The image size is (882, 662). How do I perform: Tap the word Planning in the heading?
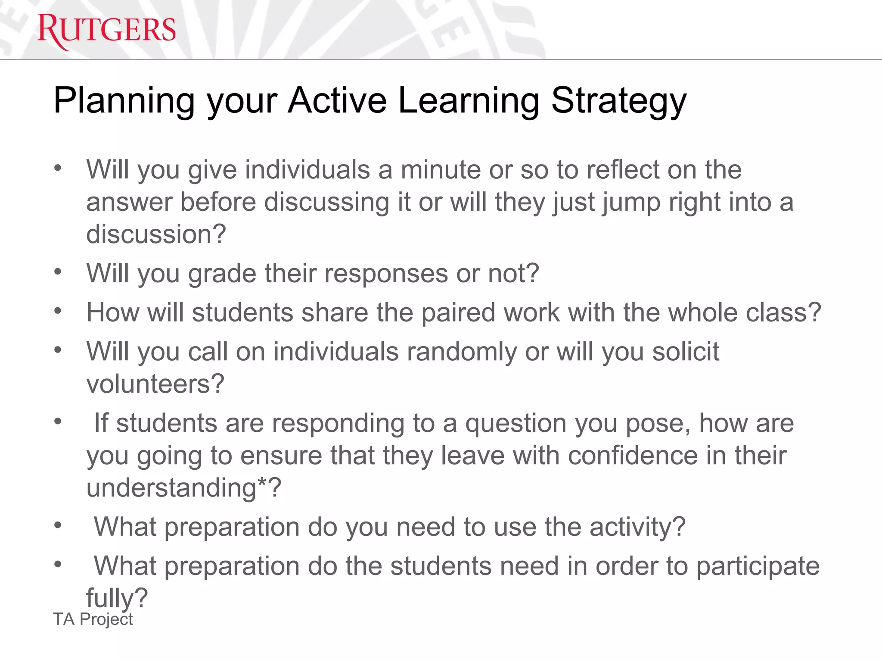[x=124, y=102]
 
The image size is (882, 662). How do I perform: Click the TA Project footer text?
[x=93, y=619]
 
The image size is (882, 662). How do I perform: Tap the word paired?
[x=458, y=312]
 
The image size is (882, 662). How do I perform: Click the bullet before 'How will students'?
[x=58, y=311]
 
